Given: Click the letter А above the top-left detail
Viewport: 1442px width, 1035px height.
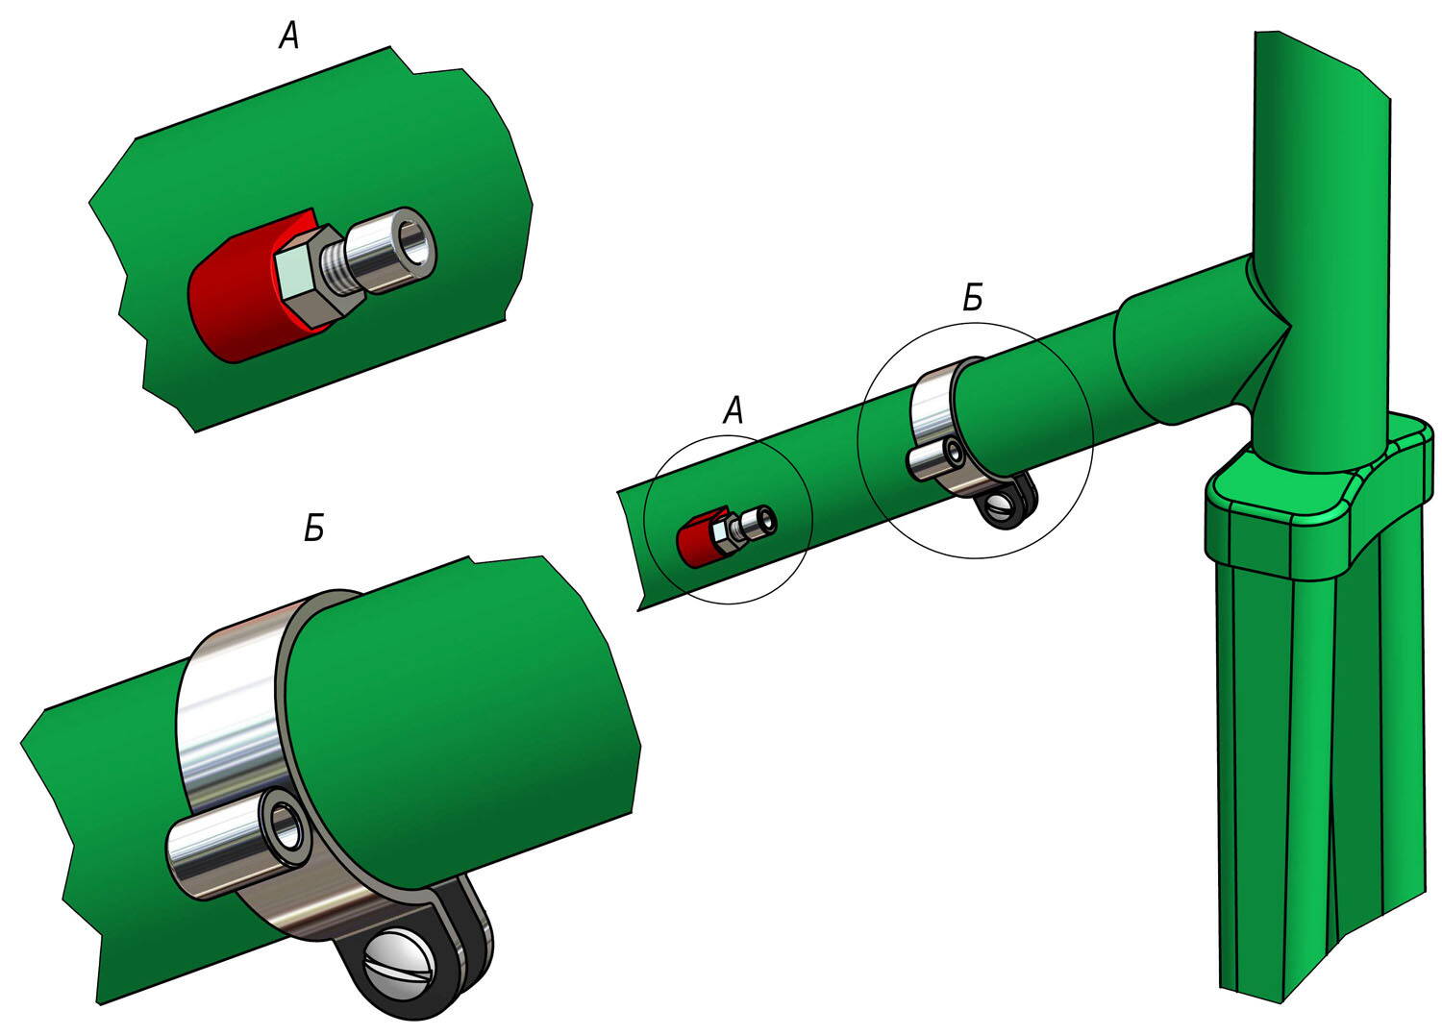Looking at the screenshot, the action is [x=289, y=37].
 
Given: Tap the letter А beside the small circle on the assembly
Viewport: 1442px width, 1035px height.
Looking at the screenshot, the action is [x=733, y=410].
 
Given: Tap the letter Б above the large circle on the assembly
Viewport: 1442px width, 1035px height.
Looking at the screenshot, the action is [x=973, y=299].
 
